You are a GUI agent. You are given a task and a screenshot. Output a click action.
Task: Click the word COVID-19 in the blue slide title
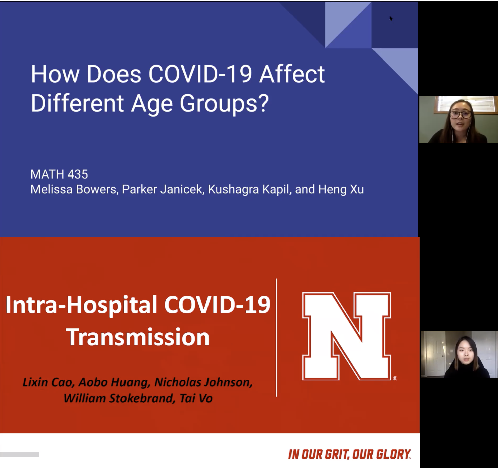coord(200,74)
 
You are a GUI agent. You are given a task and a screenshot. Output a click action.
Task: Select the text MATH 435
coord(59,174)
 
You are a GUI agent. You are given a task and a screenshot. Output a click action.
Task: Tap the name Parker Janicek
coord(162,189)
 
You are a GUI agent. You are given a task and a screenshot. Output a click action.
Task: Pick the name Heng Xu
coord(341,189)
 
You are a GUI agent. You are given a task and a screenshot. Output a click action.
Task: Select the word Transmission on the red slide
coord(138,337)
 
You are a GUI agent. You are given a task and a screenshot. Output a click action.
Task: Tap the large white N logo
coord(346,336)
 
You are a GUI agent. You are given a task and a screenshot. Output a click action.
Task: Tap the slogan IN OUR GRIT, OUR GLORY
coord(349,455)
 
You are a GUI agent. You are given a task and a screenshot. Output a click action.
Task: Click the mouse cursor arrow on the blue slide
coord(391,18)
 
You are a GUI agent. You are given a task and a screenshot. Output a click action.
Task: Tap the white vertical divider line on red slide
coord(276,338)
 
